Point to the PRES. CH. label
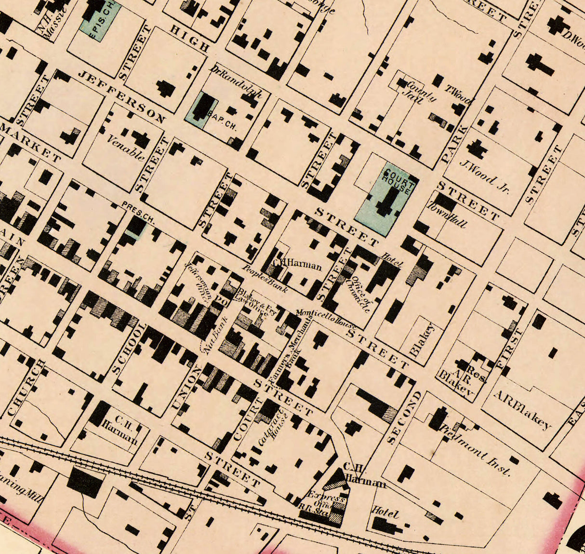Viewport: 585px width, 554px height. tap(138, 213)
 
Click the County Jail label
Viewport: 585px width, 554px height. tap(419, 92)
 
